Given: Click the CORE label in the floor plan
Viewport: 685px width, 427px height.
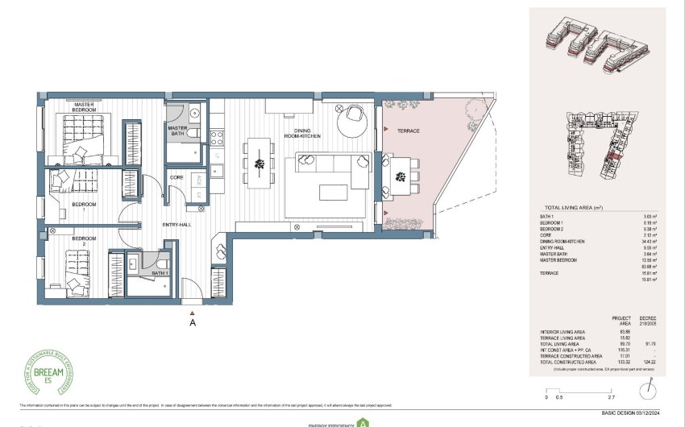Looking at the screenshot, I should click(177, 176).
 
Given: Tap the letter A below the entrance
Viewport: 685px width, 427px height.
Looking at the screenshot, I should click(192, 323).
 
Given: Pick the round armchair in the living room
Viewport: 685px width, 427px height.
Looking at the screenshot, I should click(355, 118).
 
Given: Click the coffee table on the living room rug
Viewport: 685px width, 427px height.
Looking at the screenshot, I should click(333, 192).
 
